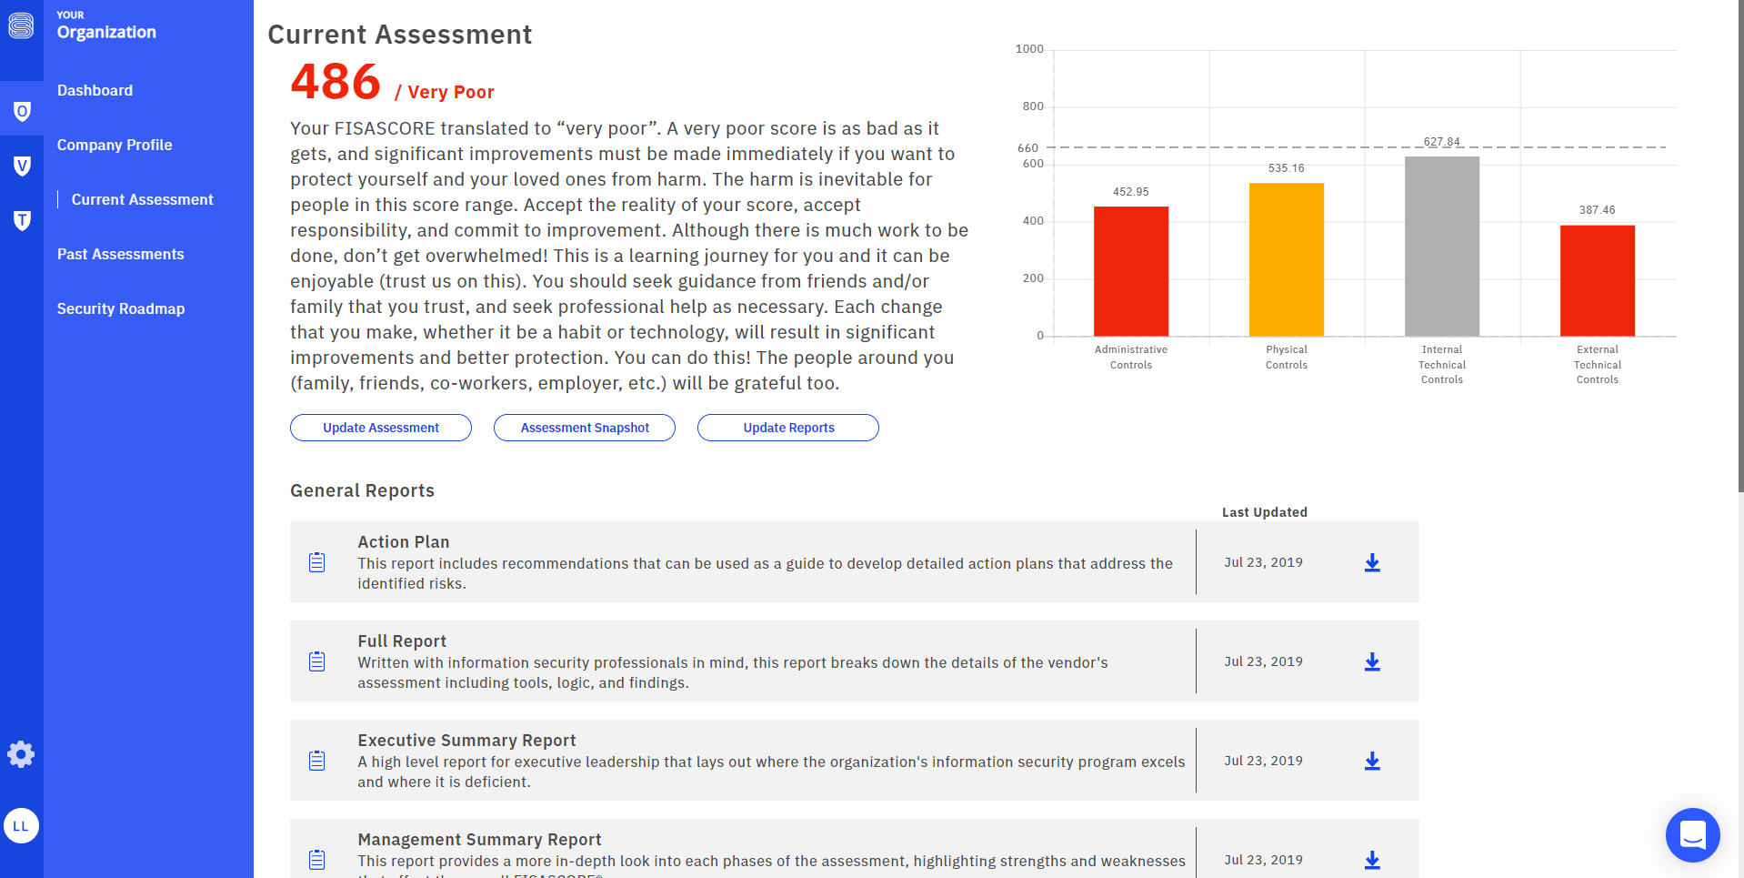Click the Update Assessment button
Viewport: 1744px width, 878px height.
380,428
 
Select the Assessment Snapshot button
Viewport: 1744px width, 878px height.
585,428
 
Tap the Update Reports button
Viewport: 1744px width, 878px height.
788,428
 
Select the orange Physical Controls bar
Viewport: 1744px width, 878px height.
1286,259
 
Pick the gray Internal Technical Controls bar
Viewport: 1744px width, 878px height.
1441,247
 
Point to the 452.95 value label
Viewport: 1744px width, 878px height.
1130,192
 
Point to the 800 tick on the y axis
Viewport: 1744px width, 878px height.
1033,106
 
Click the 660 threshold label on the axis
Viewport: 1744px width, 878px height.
1027,147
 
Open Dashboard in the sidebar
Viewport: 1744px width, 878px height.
95,90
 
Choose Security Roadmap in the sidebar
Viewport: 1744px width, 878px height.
121,308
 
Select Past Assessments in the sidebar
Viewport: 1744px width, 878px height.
120,254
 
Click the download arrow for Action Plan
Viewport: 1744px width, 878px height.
1372,563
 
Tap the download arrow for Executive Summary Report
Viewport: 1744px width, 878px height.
1372,762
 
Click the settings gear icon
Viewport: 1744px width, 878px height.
21,754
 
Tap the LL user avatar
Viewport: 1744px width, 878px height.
21,826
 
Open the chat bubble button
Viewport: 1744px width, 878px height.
1692,834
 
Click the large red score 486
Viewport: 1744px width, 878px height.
336,82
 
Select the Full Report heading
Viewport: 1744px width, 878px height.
402,641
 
